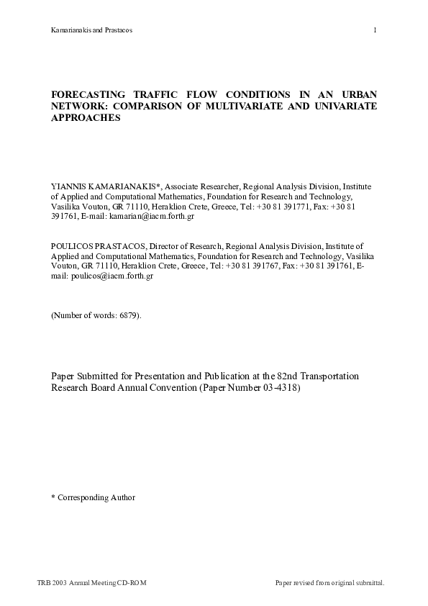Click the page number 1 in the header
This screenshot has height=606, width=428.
click(x=375, y=30)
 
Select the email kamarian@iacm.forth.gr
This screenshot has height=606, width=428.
click(x=152, y=215)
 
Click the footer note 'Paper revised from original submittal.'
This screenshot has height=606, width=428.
click(x=330, y=582)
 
